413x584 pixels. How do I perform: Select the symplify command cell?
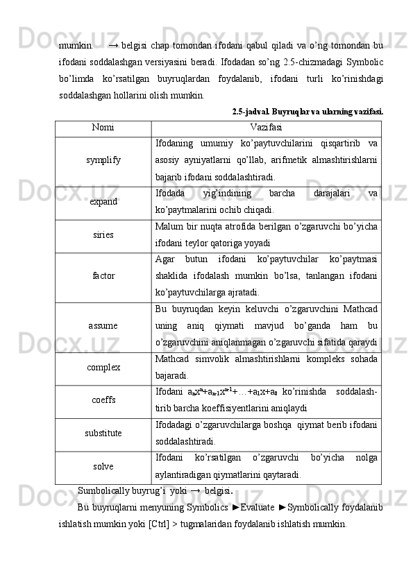click(x=103, y=160)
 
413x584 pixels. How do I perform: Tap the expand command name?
click(x=103, y=201)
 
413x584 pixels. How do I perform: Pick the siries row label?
click(x=103, y=235)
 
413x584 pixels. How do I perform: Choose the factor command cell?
click(x=103, y=275)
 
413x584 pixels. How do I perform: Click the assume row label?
click(x=103, y=325)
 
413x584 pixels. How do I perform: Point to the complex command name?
click(x=103, y=367)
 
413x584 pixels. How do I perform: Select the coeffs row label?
click(x=103, y=400)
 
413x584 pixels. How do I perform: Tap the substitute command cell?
click(x=103, y=433)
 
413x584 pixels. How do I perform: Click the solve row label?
click(x=103, y=467)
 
